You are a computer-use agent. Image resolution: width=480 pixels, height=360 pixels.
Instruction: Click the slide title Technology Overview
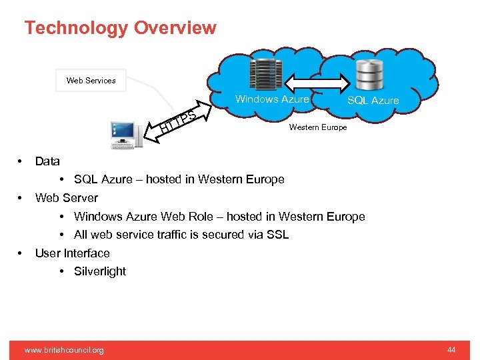120,28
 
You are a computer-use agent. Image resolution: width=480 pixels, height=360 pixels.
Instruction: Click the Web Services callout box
91,81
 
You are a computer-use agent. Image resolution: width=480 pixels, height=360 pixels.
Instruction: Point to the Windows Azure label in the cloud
272,99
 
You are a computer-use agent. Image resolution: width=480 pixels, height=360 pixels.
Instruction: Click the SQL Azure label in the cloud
373,101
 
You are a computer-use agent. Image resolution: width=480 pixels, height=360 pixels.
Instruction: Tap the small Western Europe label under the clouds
317,127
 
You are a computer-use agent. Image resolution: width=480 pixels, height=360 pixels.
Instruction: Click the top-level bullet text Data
47,161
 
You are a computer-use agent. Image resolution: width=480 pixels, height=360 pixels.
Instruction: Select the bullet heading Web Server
66,198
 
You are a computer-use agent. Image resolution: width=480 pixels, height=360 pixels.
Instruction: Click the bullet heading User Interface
72,253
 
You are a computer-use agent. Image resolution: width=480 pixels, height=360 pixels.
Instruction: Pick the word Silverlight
100,271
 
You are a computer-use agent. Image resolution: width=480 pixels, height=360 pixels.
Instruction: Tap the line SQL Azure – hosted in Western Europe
179,179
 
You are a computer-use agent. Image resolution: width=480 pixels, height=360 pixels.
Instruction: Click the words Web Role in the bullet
198,217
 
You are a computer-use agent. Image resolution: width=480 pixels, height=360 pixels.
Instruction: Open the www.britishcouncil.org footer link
64,350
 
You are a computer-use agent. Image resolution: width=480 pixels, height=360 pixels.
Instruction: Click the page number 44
451,350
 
